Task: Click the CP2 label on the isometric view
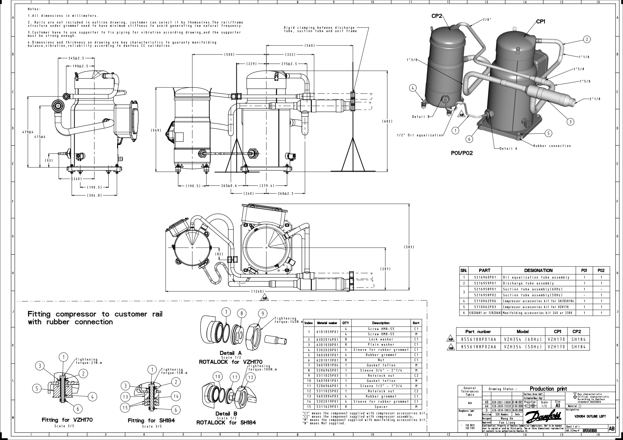[437, 16]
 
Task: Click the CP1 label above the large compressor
[540, 22]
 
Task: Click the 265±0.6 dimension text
[229, 186]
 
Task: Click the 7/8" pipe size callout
[487, 19]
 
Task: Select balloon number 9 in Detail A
[263, 313]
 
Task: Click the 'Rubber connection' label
[552, 146]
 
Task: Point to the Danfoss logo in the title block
[543, 416]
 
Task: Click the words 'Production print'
[548, 389]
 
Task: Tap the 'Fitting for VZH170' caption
[67, 420]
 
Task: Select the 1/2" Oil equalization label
[420, 135]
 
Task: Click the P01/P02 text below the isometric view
[462, 153]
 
